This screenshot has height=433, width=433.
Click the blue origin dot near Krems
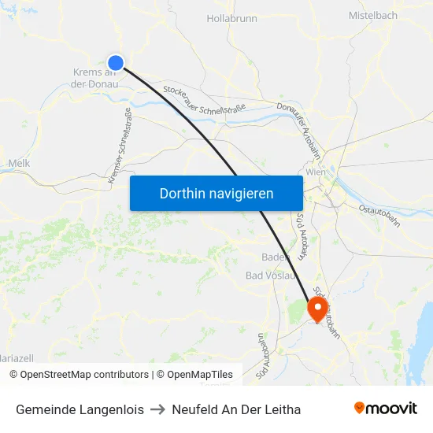coord(116,63)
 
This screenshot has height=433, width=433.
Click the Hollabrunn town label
coord(231,17)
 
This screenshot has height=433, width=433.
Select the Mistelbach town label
coord(373,15)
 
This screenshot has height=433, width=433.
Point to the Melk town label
coord(18,163)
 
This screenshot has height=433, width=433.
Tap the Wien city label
coord(315,172)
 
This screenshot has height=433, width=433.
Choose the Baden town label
coord(276,257)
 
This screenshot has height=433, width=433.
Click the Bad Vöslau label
coord(271,276)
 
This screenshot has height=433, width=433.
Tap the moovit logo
coord(386,409)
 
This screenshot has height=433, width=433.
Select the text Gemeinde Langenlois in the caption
coord(80,409)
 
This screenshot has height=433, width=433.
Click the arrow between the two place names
coord(157,409)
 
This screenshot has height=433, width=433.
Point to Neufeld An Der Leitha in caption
coord(236,409)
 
